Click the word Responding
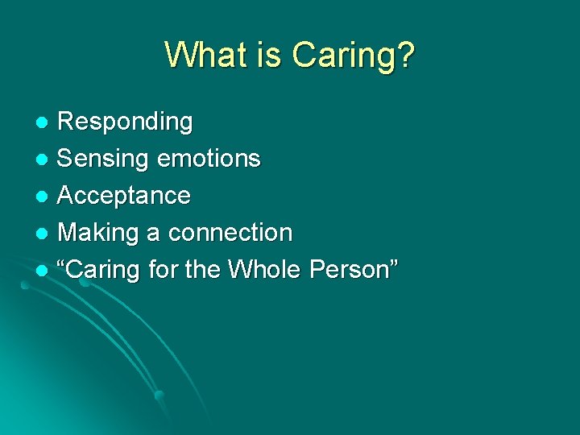126,122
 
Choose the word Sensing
104,159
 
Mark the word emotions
209,159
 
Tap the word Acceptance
124,196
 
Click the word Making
98,234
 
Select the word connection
230,233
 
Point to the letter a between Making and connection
153,234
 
